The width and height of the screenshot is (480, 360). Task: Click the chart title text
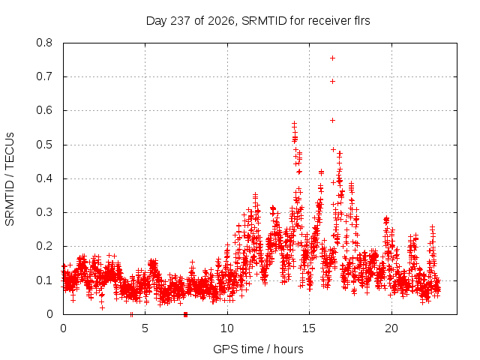click(258, 21)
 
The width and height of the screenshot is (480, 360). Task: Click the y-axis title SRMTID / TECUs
click(10, 179)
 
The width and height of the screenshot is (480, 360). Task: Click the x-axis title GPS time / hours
click(258, 349)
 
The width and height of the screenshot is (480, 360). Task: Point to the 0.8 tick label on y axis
click(44, 43)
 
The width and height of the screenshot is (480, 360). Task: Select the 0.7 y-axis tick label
click(44, 76)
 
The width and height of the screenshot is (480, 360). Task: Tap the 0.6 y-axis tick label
click(44, 110)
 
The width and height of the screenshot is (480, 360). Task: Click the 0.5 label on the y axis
click(44, 145)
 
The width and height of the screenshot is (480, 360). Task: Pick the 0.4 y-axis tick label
click(44, 178)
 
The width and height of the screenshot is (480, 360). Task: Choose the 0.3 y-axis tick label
click(44, 212)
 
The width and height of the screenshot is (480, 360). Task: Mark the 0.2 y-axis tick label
click(44, 246)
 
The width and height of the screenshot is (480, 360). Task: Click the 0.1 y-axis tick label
click(44, 280)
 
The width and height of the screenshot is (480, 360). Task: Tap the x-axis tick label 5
click(145, 328)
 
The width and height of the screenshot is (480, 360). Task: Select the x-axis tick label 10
click(227, 328)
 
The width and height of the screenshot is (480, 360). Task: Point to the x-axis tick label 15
click(309, 328)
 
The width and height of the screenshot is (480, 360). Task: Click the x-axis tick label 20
click(391, 328)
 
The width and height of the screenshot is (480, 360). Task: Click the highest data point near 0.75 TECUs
click(332, 58)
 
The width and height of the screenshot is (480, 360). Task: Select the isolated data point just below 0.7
click(332, 82)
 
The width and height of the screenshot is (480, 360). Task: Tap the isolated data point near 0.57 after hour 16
click(332, 121)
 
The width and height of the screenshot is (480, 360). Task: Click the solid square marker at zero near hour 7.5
click(185, 314)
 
